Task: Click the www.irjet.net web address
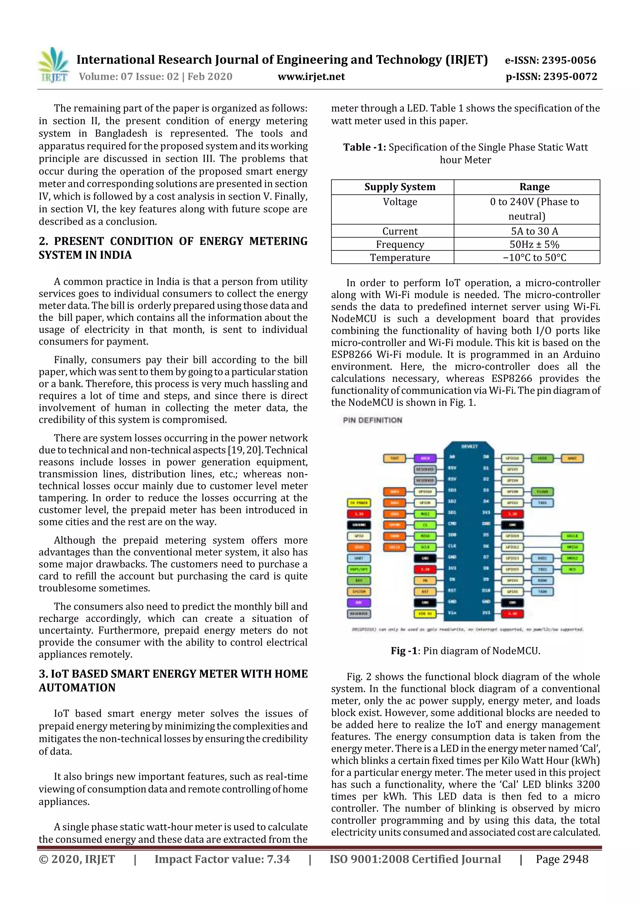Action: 311,76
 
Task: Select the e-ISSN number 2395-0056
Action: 568,60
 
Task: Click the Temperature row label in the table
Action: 400,258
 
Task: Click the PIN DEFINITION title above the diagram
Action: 372,420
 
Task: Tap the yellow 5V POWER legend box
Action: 359,503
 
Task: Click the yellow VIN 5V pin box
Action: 425,614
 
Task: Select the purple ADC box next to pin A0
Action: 425,458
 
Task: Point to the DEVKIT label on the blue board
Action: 469,446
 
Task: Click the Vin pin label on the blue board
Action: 452,613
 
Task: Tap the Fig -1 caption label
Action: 403,651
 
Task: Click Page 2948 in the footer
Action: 562,859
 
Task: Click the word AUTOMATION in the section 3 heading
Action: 77,687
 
